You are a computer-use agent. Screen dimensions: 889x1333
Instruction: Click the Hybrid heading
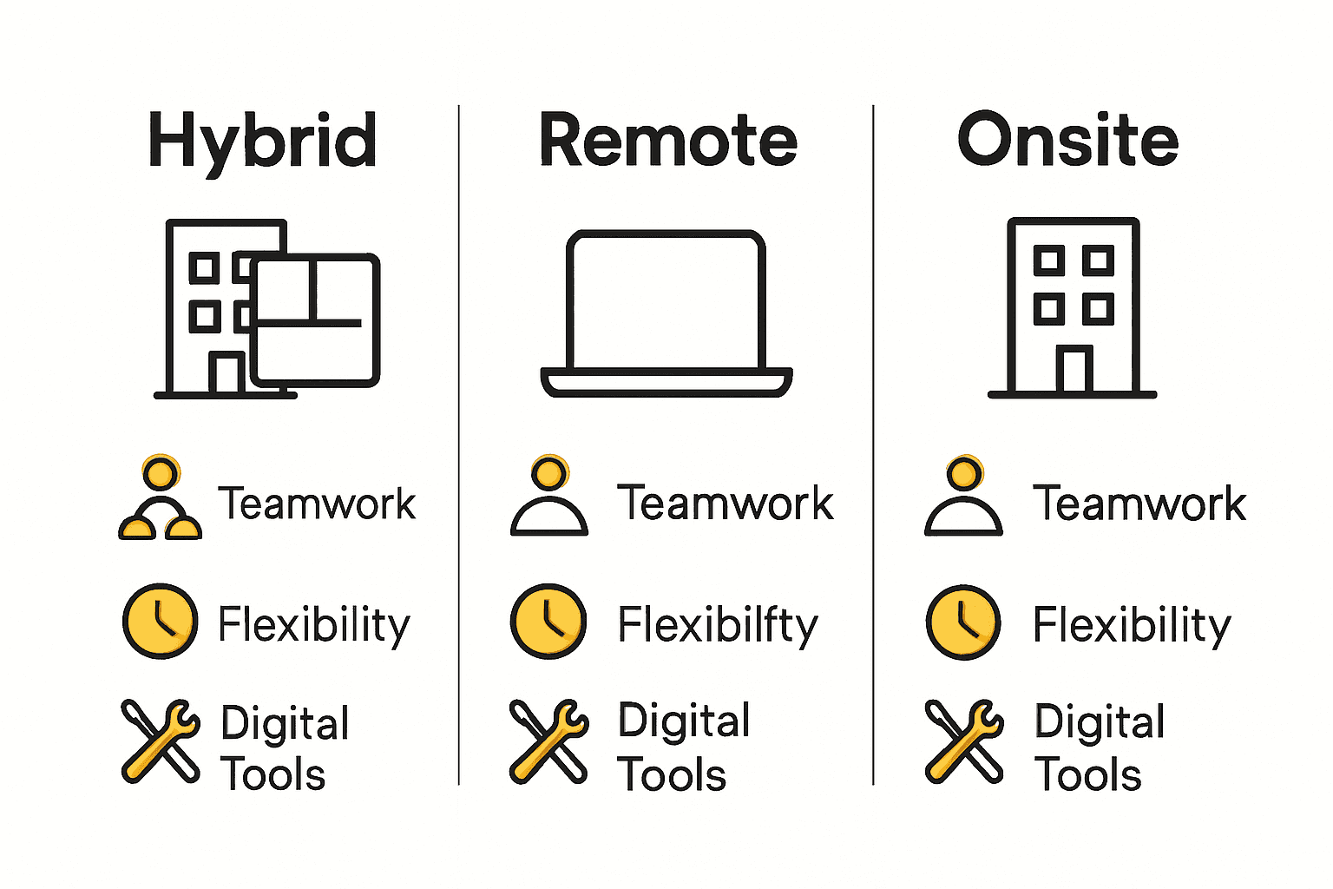[x=263, y=142]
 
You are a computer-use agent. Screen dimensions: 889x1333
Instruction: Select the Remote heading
[x=667, y=141]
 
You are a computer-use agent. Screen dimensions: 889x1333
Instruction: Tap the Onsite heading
[x=1067, y=141]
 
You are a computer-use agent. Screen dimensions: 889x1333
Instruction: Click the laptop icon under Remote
[x=666, y=313]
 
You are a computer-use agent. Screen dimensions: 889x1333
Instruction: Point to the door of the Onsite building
[x=1074, y=369]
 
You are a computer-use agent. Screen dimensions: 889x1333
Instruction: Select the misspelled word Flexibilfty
[x=718, y=625]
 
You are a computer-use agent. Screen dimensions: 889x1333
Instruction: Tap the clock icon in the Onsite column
[x=963, y=622]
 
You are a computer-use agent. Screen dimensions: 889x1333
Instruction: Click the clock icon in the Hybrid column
[x=161, y=621]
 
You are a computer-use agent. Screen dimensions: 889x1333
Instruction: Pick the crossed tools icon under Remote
[x=548, y=741]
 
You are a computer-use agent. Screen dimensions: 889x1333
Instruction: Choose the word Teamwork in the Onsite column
[x=1139, y=504]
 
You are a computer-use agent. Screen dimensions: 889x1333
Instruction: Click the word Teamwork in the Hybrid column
[x=317, y=504]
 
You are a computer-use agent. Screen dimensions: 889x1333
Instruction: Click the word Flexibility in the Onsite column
[x=1132, y=625]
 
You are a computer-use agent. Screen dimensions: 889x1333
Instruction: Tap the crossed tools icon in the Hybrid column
[x=161, y=741]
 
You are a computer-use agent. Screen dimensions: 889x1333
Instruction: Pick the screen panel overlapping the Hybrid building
[x=316, y=320]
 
